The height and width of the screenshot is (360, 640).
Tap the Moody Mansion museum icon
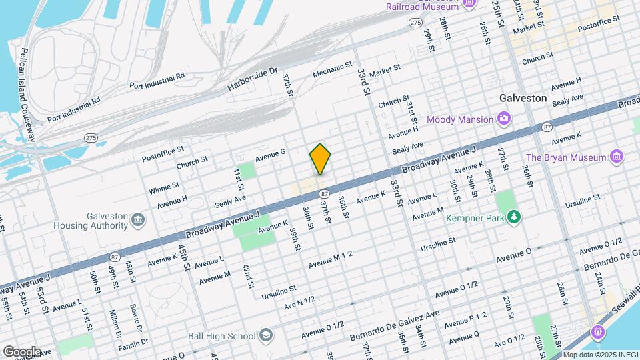click(505, 119)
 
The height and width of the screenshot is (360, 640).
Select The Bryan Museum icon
click(616, 157)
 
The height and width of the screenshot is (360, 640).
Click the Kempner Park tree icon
click(513, 217)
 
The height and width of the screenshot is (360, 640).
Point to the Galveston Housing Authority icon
click(138, 220)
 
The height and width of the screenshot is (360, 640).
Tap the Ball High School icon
click(266, 335)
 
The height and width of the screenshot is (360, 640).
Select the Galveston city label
click(523, 98)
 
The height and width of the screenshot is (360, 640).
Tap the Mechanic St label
click(332, 69)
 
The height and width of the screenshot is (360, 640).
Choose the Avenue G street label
click(270, 153)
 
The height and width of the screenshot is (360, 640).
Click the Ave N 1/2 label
click(299, 301)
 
